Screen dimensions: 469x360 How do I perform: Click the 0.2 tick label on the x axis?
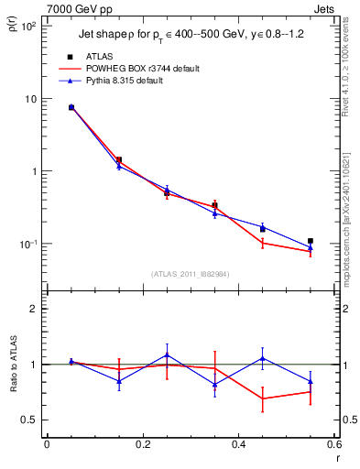pos(142,444)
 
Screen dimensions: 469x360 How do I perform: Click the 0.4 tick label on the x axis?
pos(238,444)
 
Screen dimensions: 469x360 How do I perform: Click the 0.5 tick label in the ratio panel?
pos(29,420)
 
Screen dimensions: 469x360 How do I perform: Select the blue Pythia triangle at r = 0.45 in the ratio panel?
pos(263,358)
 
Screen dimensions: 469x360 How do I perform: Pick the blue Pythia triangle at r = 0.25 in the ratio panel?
pos(167,354)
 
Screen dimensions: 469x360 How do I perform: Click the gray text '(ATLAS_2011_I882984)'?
pos(191,274)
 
